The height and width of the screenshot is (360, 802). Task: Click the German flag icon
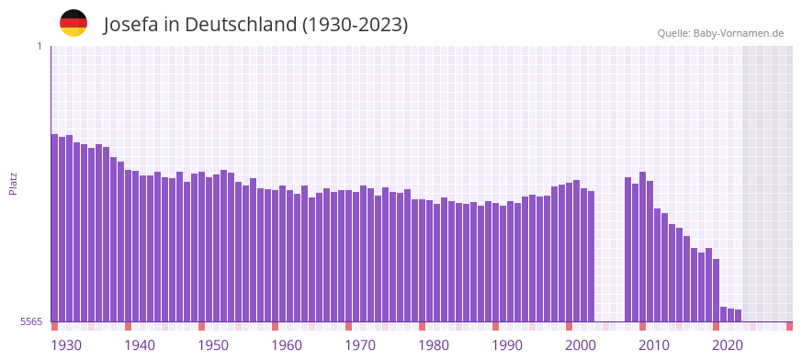click(73, 23)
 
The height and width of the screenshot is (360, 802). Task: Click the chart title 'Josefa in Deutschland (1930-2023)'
click(255, 24)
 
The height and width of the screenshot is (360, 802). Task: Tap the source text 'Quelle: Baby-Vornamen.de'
click(720, 33)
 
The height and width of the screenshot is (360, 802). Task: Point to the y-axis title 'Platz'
click(13, 183)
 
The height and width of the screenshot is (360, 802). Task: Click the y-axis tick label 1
click(40, 46)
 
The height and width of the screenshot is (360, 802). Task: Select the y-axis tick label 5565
click(31, 321)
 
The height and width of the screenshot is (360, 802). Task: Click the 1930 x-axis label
click(66, 345)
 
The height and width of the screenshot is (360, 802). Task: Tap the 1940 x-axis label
click(140, 345)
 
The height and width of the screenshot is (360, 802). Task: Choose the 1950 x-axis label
click(213, 345)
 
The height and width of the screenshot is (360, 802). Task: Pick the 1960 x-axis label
click(287, 345)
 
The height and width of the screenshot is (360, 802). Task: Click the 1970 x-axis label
click(360, 345)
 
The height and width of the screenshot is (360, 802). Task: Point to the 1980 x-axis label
click(434, 345)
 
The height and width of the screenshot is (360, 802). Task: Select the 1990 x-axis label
click(507, 345)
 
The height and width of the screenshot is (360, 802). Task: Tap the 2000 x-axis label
click(581, 345)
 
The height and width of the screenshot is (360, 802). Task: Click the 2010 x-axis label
click(654, 345)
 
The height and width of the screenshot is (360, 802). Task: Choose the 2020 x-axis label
click(728, 345)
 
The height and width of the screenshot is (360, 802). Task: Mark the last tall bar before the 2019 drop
click(716, 289)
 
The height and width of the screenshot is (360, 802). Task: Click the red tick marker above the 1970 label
click(348, 326)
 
